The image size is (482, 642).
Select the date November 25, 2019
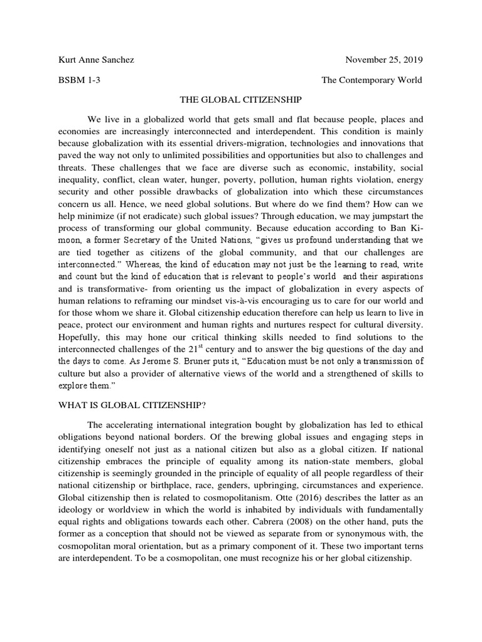(384, 60)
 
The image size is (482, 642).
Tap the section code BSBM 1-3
(77, 80)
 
